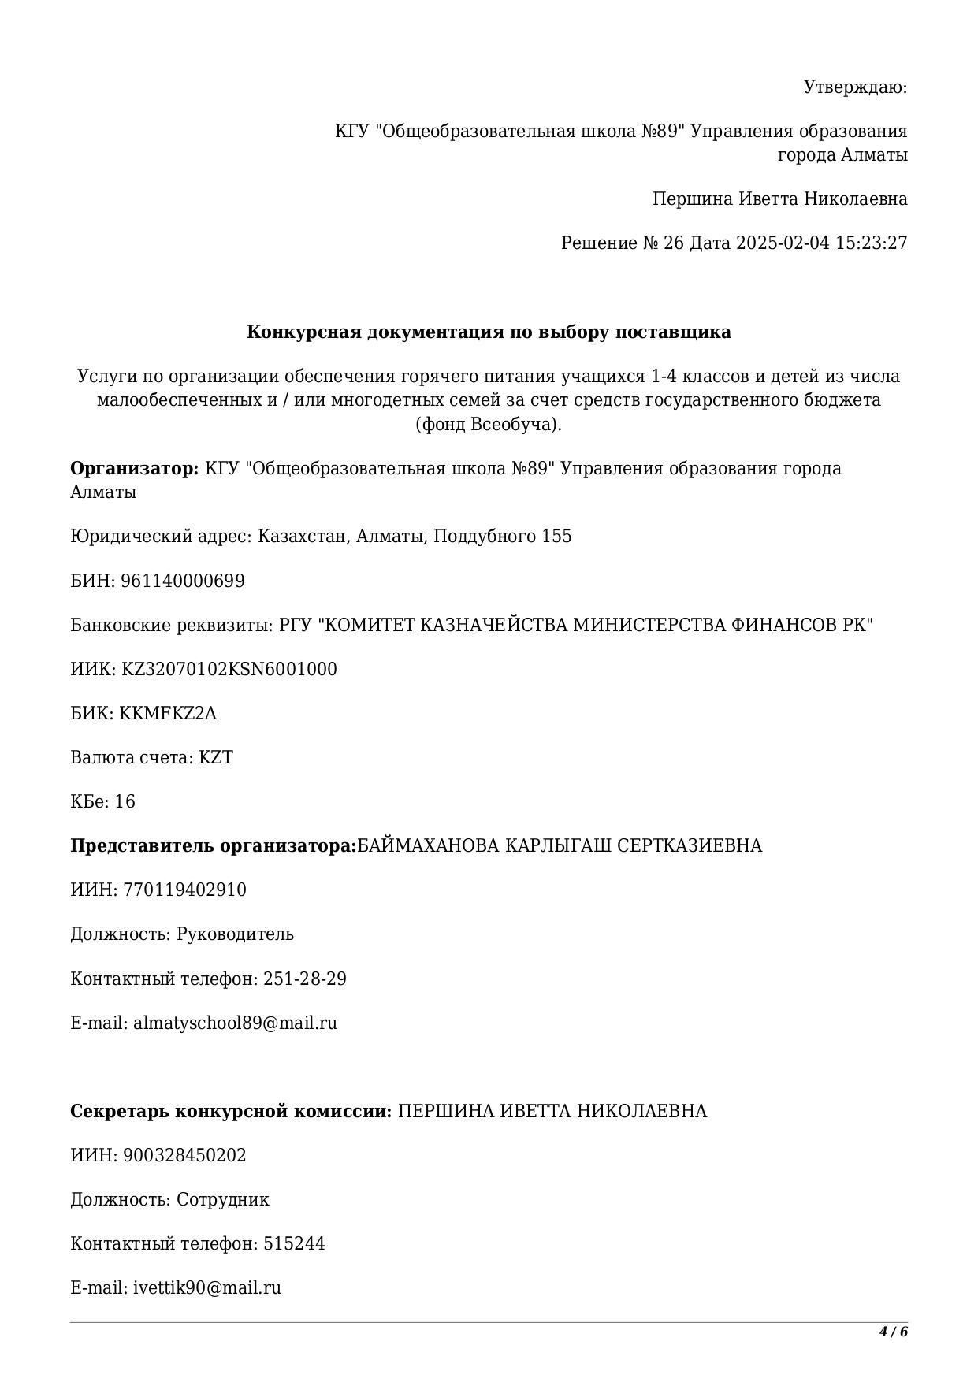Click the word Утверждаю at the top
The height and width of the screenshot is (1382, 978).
coord(855,87)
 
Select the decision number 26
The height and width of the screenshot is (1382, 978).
coord(674,243)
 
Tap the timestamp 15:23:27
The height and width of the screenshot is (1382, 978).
coord(871,243)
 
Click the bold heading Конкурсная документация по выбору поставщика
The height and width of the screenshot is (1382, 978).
coord(489,332)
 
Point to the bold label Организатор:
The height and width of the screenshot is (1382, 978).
coord(134,469)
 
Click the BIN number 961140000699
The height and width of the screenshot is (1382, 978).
coord(183,581)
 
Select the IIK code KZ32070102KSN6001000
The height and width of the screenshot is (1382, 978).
coord(229,670)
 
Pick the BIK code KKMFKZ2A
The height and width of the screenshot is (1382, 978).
coord(168,714)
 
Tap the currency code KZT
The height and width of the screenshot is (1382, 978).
coord(216,758)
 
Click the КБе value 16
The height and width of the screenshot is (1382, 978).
coord(125,802)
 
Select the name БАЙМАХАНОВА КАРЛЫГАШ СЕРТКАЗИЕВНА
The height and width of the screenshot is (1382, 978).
coord(560,846)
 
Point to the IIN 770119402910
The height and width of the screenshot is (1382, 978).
coord(184,890)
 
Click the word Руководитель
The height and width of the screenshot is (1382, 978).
coord(235,934)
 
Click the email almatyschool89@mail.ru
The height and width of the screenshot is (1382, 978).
coord(235,1023)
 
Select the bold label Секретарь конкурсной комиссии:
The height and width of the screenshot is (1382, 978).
coord(231,1112)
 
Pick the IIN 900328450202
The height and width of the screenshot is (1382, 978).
coord(184,1156)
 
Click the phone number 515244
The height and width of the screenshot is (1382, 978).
coord(294,1244)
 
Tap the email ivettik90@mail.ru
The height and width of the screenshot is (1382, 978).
coord(207,1288)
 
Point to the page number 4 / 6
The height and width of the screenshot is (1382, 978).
coord(894,1332)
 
